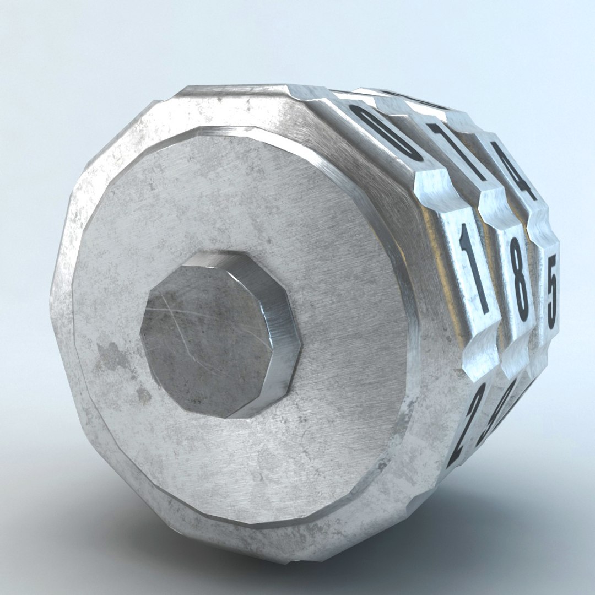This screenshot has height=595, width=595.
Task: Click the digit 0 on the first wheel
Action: tap(386, 133)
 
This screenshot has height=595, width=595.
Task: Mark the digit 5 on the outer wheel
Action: tap(551, 291)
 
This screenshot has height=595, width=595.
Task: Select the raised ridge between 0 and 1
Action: tap(435, 190)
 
